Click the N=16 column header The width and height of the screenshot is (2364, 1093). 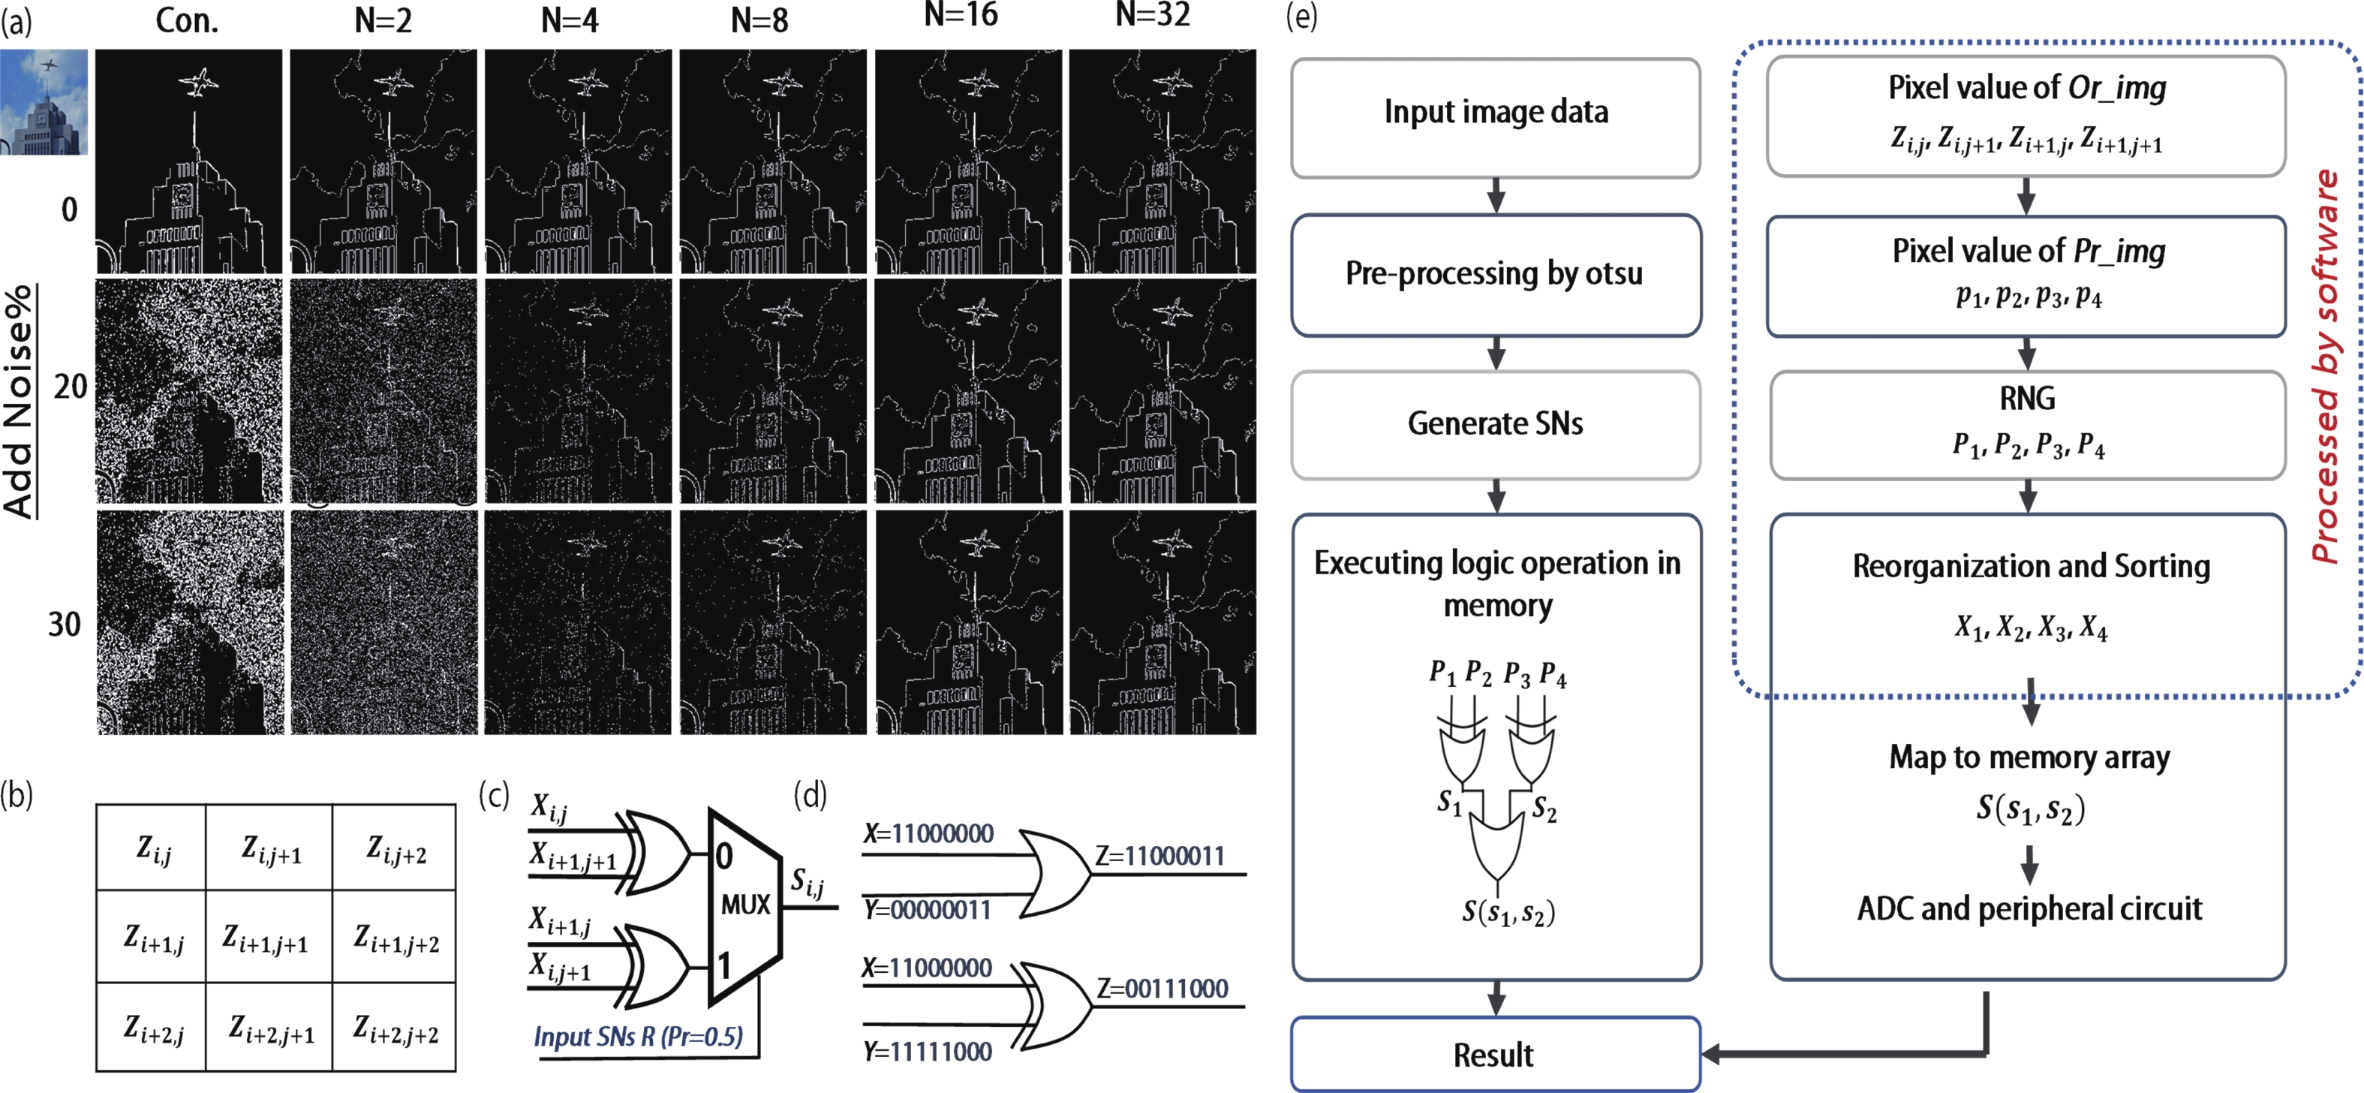(960, 16)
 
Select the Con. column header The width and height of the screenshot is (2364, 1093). (187, 20)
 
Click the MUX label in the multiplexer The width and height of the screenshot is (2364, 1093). (745, 905)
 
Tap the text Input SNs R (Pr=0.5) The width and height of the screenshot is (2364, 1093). (638, 1037)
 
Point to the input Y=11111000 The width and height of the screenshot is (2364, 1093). (928, 1052)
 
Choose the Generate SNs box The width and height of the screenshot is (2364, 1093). (1496, 424)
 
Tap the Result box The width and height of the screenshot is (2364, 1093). (1494, 1055)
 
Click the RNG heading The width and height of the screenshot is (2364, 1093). (2027, 399)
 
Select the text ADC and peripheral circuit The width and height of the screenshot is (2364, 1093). (2029, 908)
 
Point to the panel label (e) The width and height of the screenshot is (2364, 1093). (1301, 16)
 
